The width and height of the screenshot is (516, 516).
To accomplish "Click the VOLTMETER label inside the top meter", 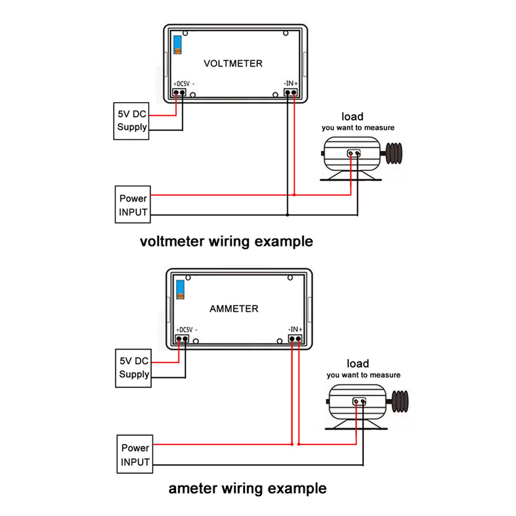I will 233,63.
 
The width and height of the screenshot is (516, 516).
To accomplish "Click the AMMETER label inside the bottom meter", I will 234,309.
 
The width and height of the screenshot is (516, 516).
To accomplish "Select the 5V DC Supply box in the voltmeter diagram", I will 132,121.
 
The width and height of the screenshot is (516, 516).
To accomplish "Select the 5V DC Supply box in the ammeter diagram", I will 134,368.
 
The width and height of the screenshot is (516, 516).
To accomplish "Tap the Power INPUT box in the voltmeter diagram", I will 133,204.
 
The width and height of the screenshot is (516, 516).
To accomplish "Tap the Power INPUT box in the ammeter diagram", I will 135,455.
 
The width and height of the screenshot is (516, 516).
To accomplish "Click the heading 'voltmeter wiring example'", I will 227,241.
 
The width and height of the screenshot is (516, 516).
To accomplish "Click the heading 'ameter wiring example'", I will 247,488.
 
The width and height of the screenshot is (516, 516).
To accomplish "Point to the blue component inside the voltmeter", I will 178,44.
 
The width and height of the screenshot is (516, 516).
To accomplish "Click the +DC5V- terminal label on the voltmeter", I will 184,83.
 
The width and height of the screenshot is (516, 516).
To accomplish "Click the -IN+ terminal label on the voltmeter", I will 291,83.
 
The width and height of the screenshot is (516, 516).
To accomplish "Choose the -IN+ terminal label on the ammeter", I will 295,329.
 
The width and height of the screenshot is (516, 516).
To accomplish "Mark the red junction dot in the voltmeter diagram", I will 294,195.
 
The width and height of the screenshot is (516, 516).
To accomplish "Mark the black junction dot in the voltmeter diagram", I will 287,214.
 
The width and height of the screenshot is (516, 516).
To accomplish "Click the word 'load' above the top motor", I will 352,117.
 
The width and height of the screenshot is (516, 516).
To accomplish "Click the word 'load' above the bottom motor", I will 358,364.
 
